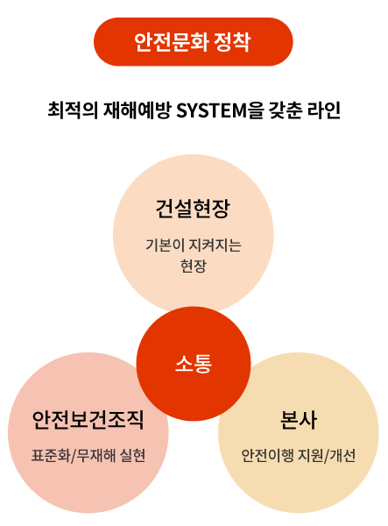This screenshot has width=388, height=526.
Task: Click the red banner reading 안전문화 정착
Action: [x=194, y=41]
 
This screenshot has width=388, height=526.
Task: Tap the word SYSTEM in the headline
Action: [x=211, y=110]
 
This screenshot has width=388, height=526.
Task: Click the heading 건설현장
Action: [x=193, y=209]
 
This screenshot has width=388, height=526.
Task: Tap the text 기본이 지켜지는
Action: [x=194, y=245]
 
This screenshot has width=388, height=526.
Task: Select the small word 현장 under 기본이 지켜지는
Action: [x=194, y=266]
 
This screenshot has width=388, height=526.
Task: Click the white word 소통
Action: [x=194, y=364]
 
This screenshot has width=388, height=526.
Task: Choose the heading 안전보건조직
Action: [x=88, y=420]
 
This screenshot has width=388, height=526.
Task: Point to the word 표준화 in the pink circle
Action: [x=51, y=456]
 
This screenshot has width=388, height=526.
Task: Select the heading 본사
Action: [x=298, y=420]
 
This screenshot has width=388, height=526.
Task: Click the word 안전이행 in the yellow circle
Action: [x=267, y=456]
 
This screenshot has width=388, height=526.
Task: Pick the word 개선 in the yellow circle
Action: [x=342, y=456]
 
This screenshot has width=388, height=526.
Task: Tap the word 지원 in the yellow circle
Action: [x=311, y=456]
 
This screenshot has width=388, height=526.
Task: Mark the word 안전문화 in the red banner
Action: [x=171, y=42]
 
